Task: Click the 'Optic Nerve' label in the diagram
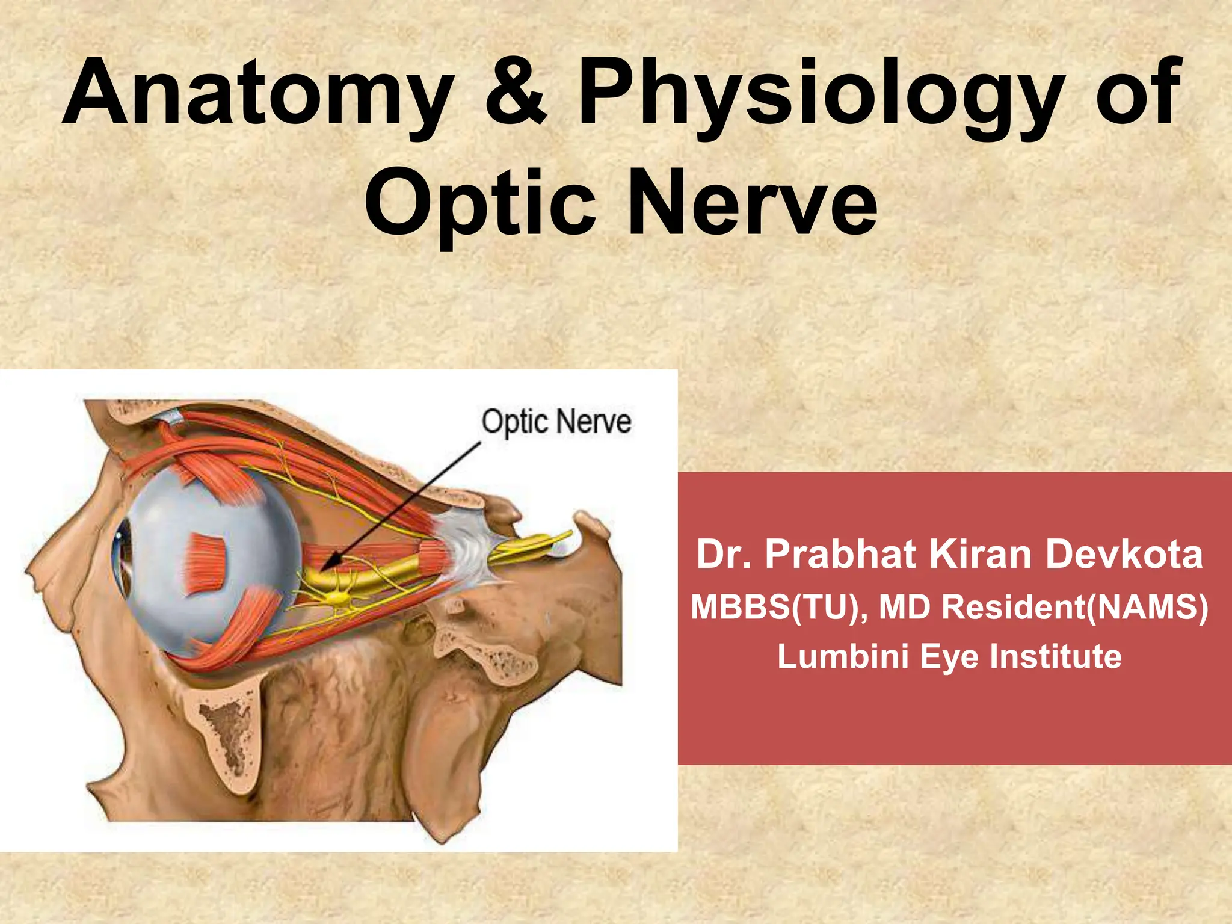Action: [556, 422]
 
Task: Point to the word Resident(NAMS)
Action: [1074, 606]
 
